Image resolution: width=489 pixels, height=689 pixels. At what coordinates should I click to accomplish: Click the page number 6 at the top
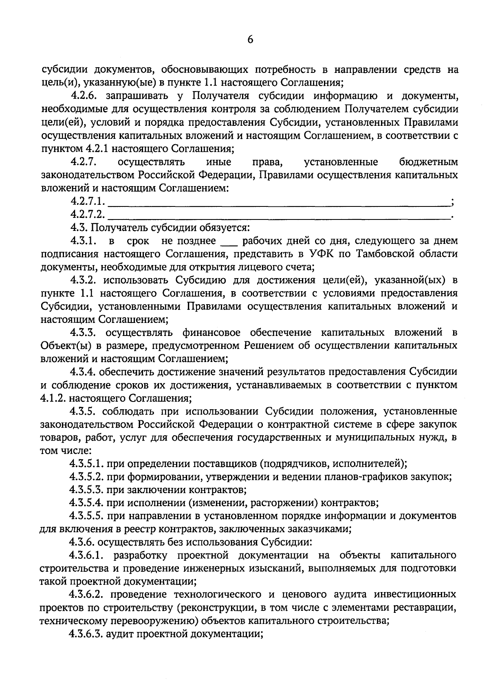[250, 39]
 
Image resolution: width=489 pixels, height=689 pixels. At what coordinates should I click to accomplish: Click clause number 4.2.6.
[84, 96]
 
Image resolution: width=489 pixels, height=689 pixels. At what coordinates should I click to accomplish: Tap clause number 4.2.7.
[84, 162]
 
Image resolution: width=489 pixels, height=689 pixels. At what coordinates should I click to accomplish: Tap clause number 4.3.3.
[84, 333]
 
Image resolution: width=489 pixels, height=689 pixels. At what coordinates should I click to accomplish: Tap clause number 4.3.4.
[84, 372]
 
